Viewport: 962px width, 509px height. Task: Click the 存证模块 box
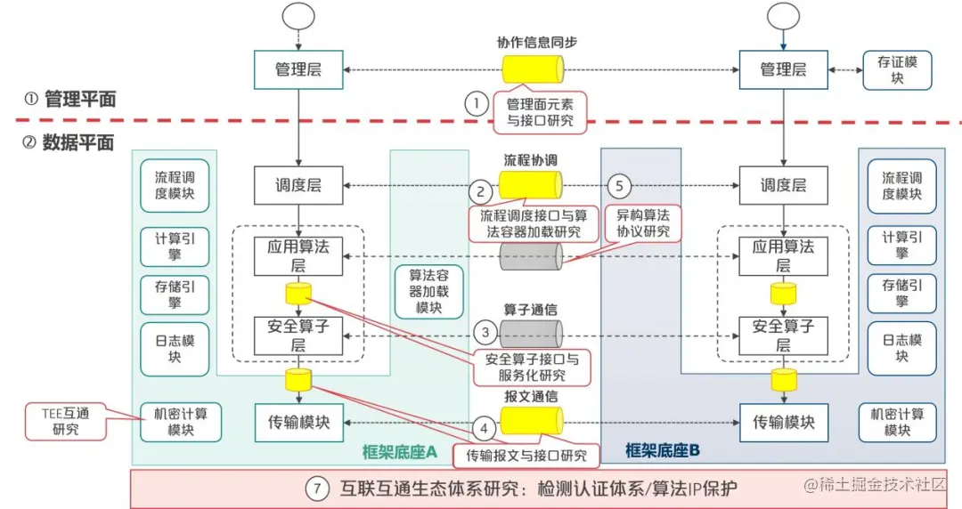pos(898,70)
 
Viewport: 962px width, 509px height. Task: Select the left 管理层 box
pos(298,69)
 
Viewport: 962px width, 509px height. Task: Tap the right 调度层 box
pos(783,185)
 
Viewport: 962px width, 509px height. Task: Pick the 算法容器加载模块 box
pos(428,291)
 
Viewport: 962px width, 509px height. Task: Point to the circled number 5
pos(621,186)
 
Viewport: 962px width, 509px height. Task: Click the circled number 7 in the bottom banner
pos(318,488)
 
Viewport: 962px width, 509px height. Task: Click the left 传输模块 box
pos(298,423)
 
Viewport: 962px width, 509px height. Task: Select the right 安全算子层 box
pos(783,335)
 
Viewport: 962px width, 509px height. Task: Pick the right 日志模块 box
pos(902,348)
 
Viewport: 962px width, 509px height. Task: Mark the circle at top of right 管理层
pos(783,15)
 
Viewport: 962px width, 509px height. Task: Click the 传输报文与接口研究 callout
pos(526,456)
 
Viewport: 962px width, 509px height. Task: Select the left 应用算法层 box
pos(298,255)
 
